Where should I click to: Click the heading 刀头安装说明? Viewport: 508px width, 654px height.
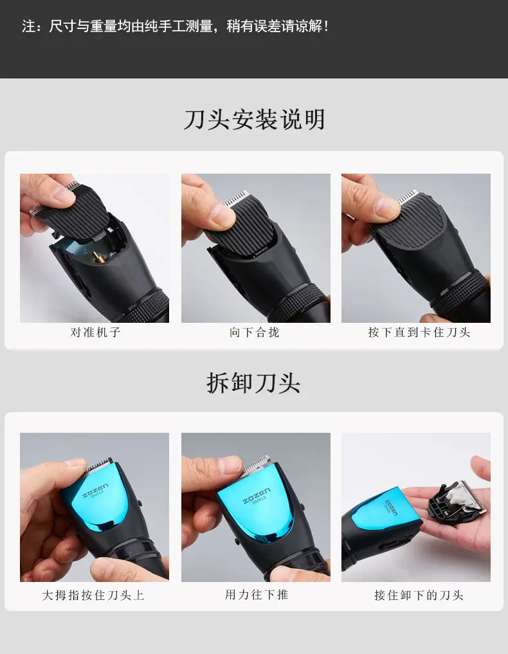(x=254, y=120)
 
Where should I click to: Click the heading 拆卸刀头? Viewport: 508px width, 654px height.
(x=253, y=383)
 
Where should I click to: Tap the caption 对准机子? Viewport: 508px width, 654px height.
(x=95, y=332)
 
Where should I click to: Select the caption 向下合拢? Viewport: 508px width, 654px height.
(x=254, y=332)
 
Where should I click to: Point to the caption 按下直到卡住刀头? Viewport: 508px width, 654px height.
(x=419, y=332)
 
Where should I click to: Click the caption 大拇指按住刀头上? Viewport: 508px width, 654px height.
(x=93, y=595)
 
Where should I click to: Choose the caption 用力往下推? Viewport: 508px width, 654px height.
(x=256, y=594)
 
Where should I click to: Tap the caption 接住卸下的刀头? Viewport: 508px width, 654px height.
(x=419, y=595)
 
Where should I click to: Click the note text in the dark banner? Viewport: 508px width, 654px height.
(x=176, y=26)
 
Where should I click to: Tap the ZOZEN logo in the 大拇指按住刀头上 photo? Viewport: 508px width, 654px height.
(x=95, y=491)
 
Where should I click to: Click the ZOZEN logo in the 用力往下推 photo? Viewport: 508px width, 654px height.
(x=256, y=495)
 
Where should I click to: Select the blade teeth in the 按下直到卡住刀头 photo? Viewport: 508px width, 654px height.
(x=408, y=196)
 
